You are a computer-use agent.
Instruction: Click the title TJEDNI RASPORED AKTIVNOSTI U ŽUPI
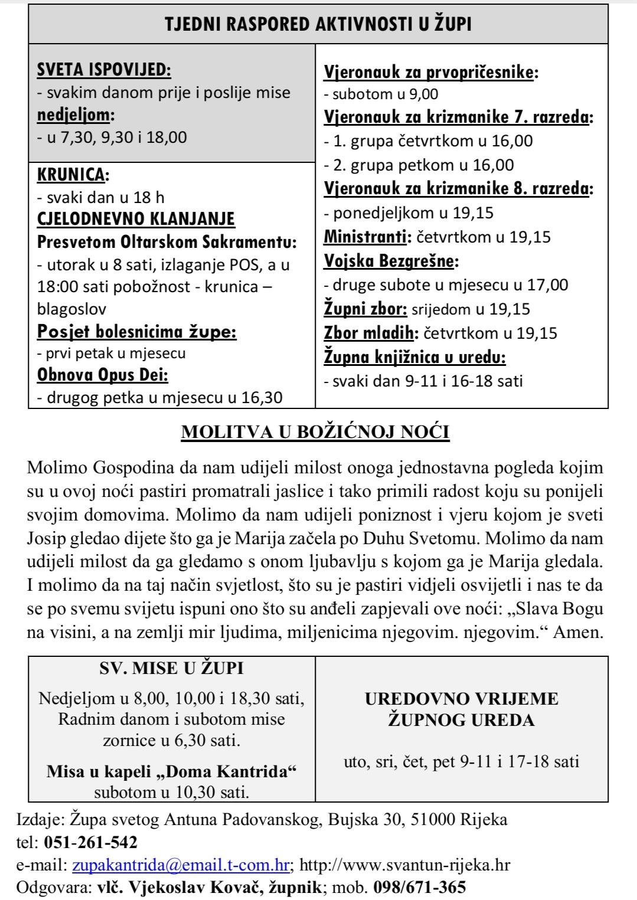point(318,24)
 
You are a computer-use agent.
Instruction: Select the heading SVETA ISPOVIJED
point(104,70)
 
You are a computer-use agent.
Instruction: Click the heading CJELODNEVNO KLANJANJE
point(136,219)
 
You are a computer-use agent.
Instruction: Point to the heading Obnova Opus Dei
point(103,375)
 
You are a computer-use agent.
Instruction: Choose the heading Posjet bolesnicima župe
point(137,332)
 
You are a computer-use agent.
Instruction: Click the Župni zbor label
point(365,309)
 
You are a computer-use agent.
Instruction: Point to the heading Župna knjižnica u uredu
point(415,357)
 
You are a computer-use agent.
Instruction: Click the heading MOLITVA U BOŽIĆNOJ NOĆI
point(315,432)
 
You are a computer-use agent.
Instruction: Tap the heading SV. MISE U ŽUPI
point(171,668)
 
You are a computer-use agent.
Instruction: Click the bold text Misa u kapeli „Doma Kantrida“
point(171,771)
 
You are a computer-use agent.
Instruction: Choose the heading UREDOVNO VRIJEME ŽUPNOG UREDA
point(461,709)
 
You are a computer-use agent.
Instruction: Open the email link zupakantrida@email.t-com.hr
point(181,865)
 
